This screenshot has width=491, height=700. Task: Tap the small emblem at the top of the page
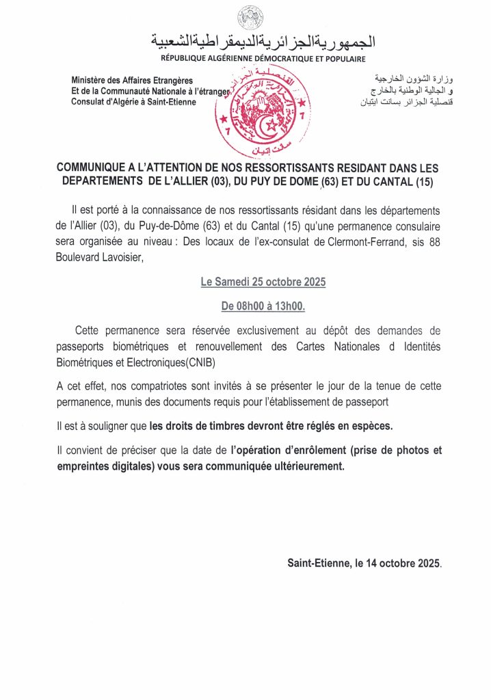245,17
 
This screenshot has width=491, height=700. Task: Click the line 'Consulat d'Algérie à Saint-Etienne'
133,102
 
